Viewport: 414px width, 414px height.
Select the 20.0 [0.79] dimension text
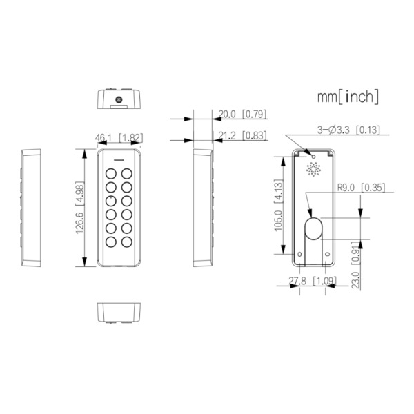pos(242,115)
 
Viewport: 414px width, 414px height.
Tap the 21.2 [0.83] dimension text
pos(242,136)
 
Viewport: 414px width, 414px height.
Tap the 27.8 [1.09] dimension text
pos(313,282)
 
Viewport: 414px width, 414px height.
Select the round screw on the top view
pos(118,101)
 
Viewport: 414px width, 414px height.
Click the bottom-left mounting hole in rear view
pos(301,255)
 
